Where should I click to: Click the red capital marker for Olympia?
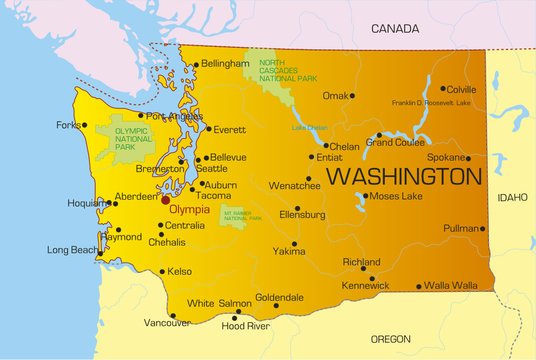coord(166,199)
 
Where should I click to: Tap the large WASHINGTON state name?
coord(403,177)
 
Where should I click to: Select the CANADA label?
coord(395,29)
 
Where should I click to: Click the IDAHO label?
coord(512,198)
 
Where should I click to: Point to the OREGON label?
coord(390,339)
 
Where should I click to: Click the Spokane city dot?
coord(468,158)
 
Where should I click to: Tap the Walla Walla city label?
coord(450,286)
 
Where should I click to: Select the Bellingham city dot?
coord(196,63)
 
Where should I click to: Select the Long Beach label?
coord(72,249)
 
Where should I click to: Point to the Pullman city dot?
coord(483,229)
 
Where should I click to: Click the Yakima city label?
coord(289,252)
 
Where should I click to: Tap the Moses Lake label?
coord(397,196)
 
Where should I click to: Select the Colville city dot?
coord(443,88)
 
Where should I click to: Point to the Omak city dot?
coord(352,96)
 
